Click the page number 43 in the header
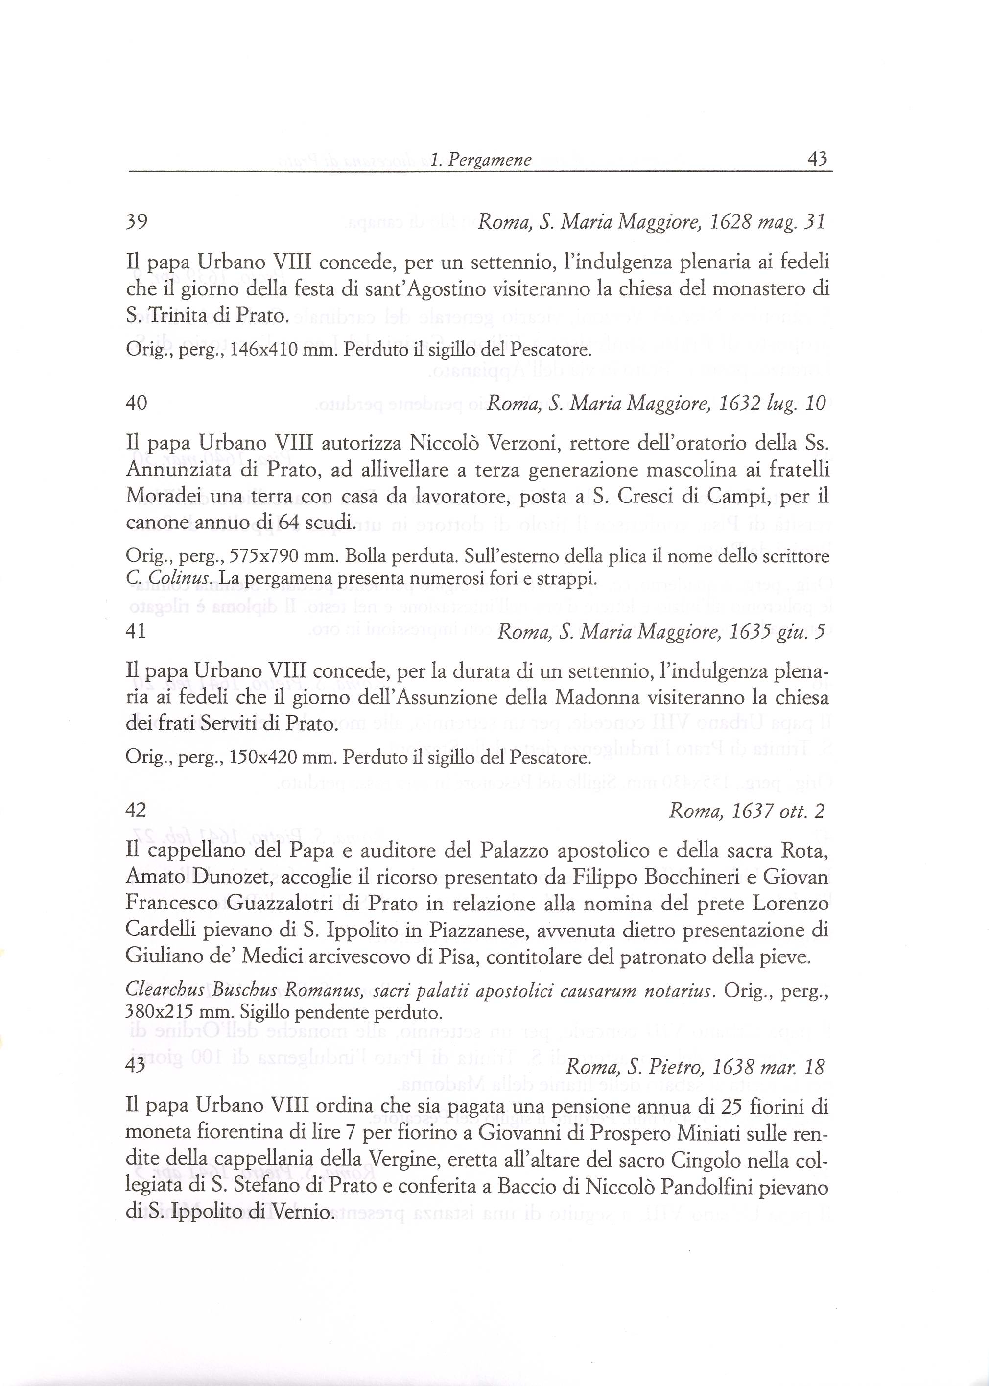pyautogui.click(x=817, y=160)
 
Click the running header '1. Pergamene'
pyautogui.click(x=480, y=160)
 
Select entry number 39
pyautogui.click(x=137, y=221)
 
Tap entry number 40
pyautogui.click(x=137, y=403)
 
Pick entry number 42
pyautogui.click(x=137, y=810)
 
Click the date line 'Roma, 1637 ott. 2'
pyautogui.click(x=747, y=811)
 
